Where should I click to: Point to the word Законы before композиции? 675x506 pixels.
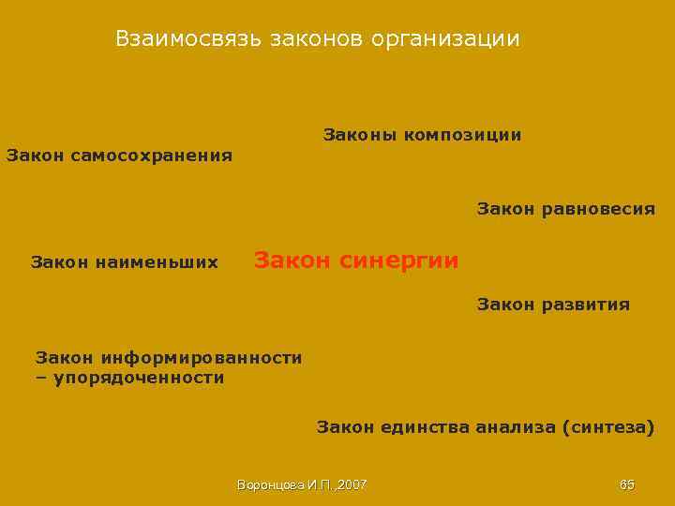click(359, 135)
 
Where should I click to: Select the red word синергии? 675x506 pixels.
click(399, 260)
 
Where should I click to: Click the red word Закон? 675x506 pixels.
click(292, 260)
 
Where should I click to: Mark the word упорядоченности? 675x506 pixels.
click(139, 378)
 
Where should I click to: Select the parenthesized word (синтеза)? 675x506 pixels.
click(609, 428)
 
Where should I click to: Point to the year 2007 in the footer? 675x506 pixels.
click(352, 484)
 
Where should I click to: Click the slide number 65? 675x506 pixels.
click(627, 484)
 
